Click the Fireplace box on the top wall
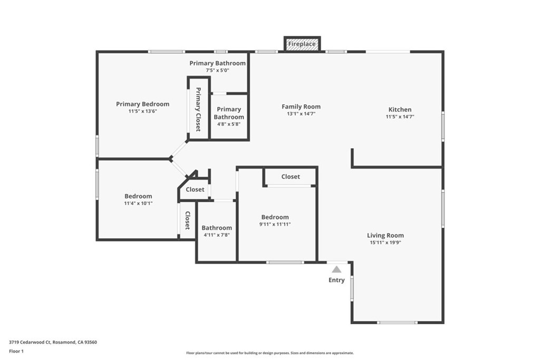[302, 44]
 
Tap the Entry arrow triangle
[336, 269]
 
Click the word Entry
[336, 280]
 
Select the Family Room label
[301, 106]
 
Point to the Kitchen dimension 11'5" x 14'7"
[400, 117]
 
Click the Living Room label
[385, 236]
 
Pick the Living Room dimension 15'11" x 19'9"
[385, 243]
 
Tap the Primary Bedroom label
[143, 104]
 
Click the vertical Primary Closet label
[198, 109]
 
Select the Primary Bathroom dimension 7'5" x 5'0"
[218, 71]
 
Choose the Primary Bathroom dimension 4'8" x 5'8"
[229, 124]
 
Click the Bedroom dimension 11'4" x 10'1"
[138, 203]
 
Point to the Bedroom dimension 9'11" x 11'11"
[275, 224]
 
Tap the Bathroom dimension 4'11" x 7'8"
[217, 235]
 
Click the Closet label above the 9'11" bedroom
[291, 177]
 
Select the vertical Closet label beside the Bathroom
[187, 220]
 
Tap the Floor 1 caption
[16, 351]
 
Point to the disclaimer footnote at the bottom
[269, 353]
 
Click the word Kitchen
[400, 110]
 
